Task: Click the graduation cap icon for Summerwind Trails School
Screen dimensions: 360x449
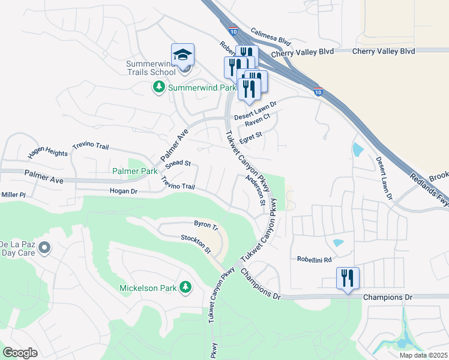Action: tap(182, 55)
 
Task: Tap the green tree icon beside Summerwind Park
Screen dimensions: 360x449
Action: tap(159, 88)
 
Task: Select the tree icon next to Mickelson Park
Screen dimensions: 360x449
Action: tap(185, 288)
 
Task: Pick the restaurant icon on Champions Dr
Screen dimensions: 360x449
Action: tap(348, 278)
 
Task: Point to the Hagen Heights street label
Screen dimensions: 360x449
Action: tap(48, 154)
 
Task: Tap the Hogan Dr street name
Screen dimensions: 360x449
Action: tap(124, 191)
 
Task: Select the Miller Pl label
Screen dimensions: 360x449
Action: tap(13, 195)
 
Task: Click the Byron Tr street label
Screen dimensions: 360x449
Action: tap(205, 224)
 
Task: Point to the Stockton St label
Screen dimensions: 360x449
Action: tap(196, 243)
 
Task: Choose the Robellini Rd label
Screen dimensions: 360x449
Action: tap(314, 260)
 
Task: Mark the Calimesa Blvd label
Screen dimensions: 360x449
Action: tap(270, 38)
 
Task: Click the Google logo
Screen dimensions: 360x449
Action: tap(20, 353)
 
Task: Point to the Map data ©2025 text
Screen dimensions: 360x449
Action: tap(423, 355)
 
